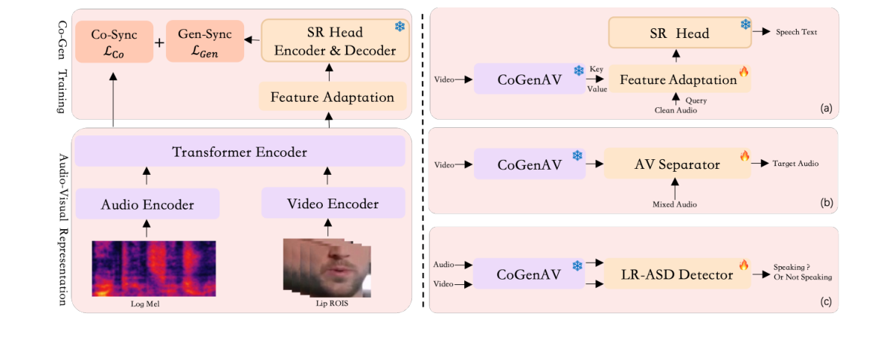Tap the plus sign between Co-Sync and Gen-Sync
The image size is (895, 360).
[158, 42]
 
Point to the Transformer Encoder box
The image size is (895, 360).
[240, 152]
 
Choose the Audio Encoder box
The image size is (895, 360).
[147, 204]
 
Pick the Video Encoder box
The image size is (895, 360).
[333, 204]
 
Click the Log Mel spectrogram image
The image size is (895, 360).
[154, 268]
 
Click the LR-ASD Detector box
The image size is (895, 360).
[677, 275]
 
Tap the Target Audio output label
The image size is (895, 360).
[795, 164]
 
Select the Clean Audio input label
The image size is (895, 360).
[675, 110]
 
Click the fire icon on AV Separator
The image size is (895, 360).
[743, 155]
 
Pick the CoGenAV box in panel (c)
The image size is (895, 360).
[529, 275]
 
